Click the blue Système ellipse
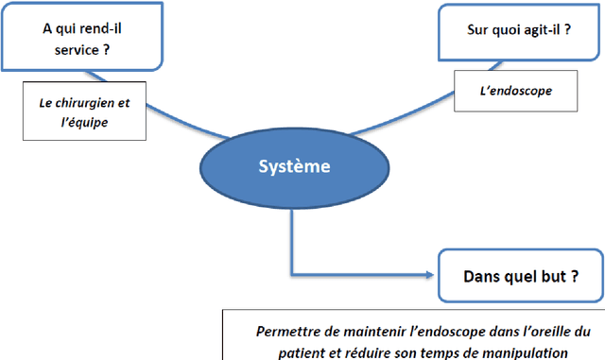pos(295,167)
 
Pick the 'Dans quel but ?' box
pos(519,278)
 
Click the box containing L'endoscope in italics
pos(516,92)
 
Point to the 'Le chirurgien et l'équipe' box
pos(78,111)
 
